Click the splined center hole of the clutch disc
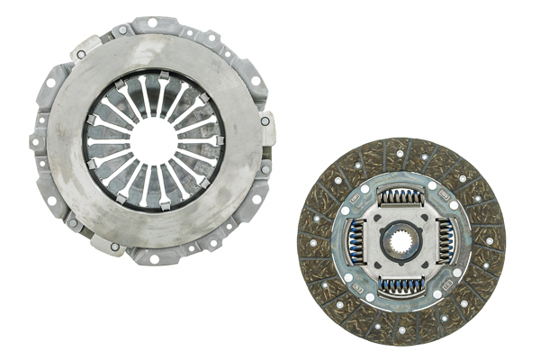(400, 240)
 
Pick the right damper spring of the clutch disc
(445, 241)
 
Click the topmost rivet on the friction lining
(400, 154)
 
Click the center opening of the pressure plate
(153, 141)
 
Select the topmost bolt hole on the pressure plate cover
(152, 22)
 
